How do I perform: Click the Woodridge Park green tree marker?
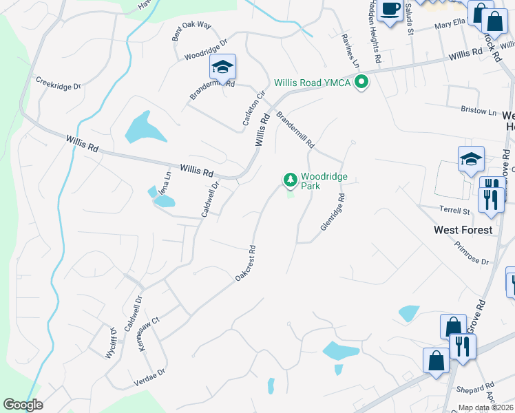[x=291, y=180]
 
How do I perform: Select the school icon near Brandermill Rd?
[x=222, y=67]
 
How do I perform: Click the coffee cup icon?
[x=390, y=10]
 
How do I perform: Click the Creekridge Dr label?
[x=59, y=83]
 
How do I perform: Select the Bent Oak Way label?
[x=191, y=31]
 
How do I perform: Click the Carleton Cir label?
[x=253, y=109]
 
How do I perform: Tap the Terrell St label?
[x=454, y=209]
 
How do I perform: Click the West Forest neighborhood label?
[x=463, y=229]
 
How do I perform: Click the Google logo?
[x=23, y=405]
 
